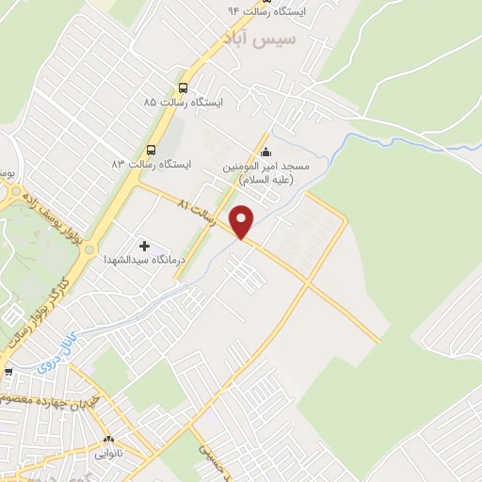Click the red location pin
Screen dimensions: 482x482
pyautogui.click(x=243, y=222)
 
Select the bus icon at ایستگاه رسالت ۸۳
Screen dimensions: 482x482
pyautogui.click(x=151, y=150)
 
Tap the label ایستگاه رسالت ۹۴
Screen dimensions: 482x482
pyautogui.click(x=261, y=10)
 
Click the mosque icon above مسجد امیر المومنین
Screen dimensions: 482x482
pyautogui.click(x=265, y=153)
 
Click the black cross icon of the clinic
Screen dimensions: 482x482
pyautogui.click(x=144, y=246)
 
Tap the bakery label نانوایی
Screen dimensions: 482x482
pyautogui.click(x=107, y=454)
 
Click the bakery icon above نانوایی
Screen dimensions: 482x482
pyautogui.click(x=107, y=440)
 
